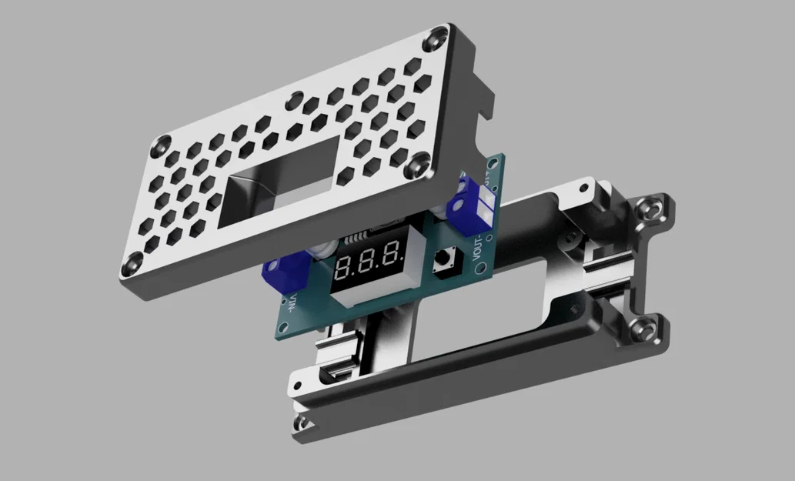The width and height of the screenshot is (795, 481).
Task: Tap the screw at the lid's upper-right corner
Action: (439, 35)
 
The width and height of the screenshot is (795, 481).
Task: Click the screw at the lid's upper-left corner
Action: (162, 143)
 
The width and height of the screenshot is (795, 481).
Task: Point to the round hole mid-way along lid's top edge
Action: (296, 99)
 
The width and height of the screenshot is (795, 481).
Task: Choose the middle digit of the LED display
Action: (369, 260)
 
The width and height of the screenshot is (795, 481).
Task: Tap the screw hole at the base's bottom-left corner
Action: (302, 423)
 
